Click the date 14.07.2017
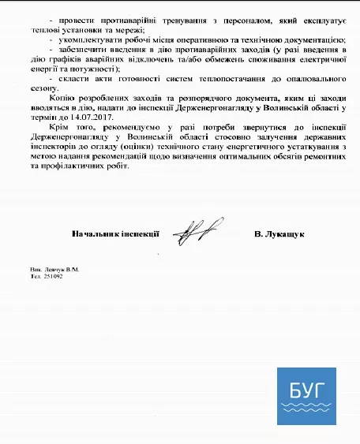(92, 116)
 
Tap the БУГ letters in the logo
(305, 389)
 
